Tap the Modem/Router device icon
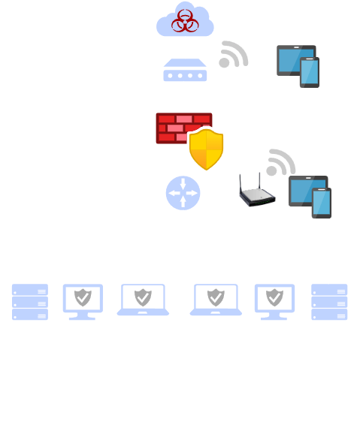(x=184, y=71)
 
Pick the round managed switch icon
(x=183, y=193)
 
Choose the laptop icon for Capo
(x=83, y=300)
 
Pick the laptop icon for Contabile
(x=142, y=300)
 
